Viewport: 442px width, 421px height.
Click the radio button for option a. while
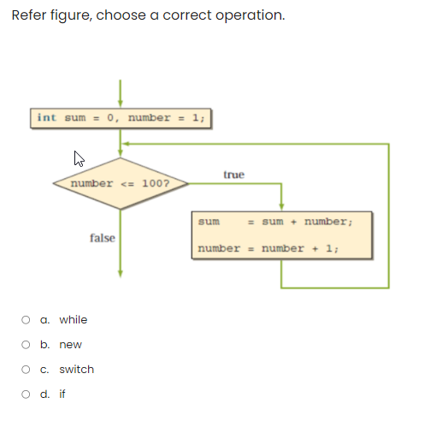pos(27,320)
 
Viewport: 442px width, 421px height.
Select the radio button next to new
pos(27,345)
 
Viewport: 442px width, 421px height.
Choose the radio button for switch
pos(27,370)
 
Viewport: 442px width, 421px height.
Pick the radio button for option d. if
pos(27,394)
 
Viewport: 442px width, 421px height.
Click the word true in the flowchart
pos(233,175)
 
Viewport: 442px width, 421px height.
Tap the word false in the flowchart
pos(103,238)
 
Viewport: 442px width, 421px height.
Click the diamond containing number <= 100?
pos(120,183)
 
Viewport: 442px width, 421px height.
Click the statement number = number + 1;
pos(269,248)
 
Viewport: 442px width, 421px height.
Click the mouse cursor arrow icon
pos(79,158)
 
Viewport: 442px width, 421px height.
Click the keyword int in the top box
pos(47,118)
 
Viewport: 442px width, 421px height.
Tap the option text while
pos(73,320)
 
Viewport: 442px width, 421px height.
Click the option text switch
pos(76,370)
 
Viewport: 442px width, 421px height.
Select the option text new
pos(70,345)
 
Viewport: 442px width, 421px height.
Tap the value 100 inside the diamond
pos(151,184)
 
